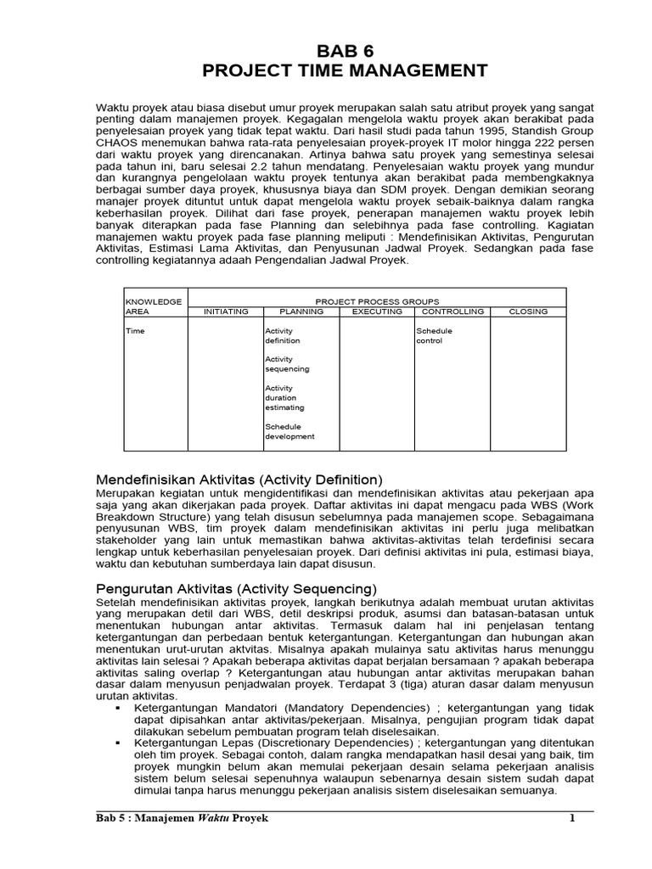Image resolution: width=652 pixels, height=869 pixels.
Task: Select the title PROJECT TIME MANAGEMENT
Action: [345, 70]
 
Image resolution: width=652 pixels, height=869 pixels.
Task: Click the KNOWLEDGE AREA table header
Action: [154, 306]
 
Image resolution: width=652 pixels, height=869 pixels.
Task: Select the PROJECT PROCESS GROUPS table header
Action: [377, 301]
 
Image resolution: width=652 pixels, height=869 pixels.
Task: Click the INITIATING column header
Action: [225, 311]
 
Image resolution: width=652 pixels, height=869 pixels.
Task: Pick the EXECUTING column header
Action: [376, 311]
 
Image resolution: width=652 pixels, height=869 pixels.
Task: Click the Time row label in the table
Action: [135, 331]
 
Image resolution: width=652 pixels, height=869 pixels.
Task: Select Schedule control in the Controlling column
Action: [434, 336]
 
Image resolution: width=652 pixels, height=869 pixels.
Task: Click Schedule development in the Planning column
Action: [289, 431]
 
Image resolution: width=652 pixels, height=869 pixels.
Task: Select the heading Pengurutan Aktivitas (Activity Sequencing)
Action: [236, 588]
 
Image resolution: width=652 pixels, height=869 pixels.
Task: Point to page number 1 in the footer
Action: [572, 819]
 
